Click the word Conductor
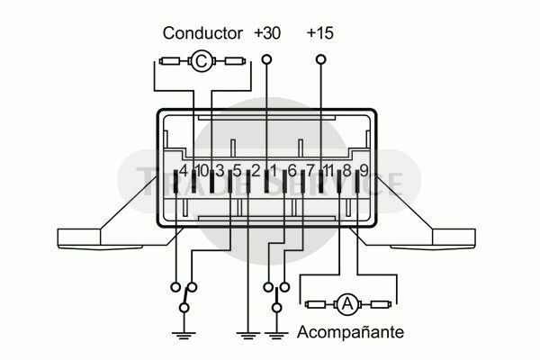pos(202,33)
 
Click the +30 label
pos(267,33)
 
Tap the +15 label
pos(320,33)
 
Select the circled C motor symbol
pos(202,61)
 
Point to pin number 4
pos(184,169)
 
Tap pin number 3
pos(220,169)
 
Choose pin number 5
pos(238,169)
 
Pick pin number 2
pos(256,169)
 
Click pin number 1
pos(274,169)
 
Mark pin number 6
pos(292,169)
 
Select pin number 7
pos(310,169)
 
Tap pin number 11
pos(328,169)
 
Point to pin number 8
pos(347,169)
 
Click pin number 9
pos(364,169)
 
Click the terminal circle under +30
pos(266,60)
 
